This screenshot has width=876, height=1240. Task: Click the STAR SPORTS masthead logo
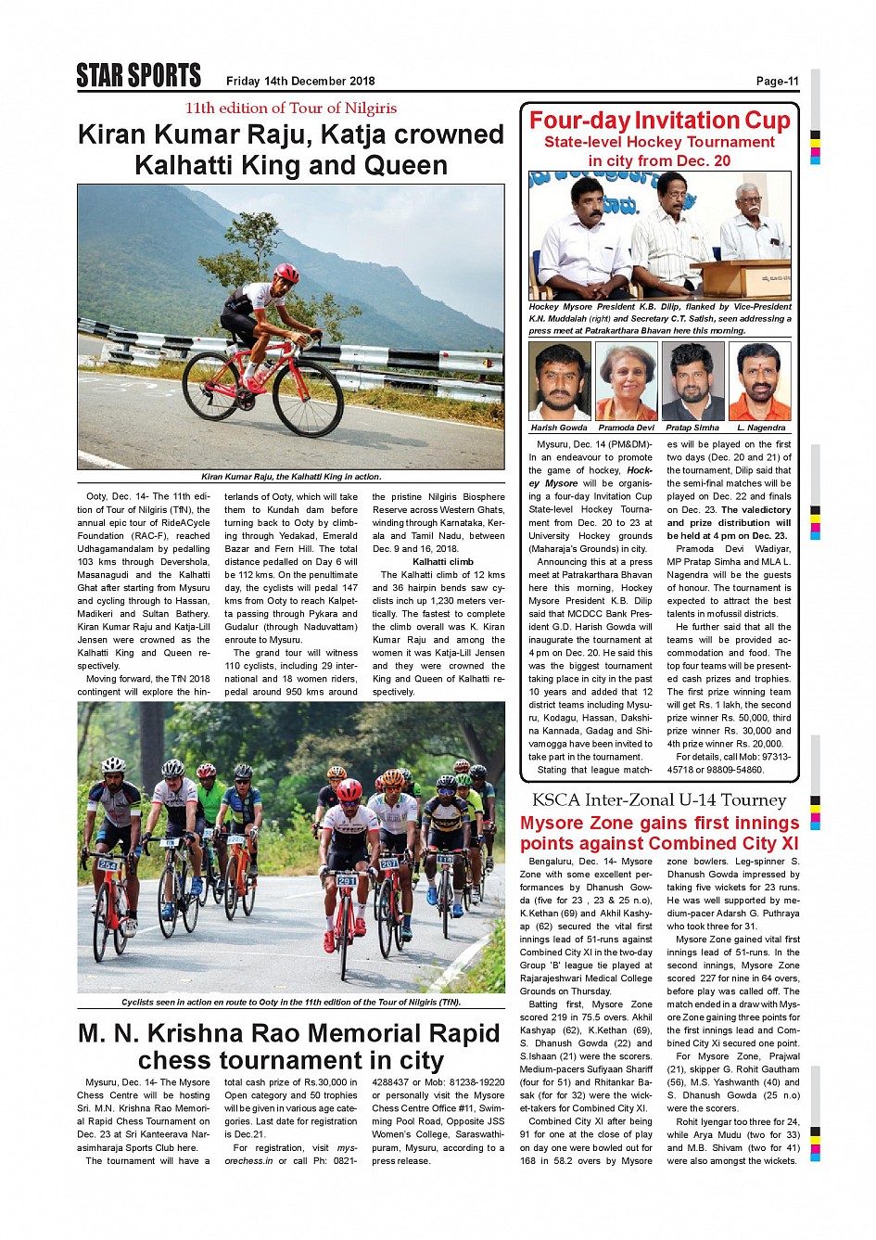coord(138,76)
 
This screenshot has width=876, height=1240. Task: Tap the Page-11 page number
coord(777,82)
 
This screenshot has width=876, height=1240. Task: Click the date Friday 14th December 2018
coord(300,82)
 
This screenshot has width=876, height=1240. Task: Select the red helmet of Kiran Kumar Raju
coord(286,273)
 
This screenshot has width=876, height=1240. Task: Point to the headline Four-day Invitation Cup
coord(659,121)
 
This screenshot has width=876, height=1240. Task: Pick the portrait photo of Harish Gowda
coord(559,381)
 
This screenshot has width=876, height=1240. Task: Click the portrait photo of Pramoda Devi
coord(626,381)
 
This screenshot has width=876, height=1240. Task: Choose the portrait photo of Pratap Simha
coord(692,381)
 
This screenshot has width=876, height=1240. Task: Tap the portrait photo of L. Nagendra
coord(760,381)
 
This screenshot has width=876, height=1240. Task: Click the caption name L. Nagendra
coord(761,428)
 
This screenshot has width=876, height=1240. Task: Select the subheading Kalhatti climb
coord(442,562)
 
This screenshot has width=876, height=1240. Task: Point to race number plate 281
coord(346,880)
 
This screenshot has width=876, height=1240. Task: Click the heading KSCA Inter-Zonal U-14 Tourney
coord(658,800)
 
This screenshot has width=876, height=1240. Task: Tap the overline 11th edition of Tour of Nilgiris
coord(290,109)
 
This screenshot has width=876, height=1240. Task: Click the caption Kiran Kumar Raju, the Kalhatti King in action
coord(291,477)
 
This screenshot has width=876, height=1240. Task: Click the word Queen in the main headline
coord(400,166)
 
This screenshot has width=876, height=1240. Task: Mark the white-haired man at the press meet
coord(753,223)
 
